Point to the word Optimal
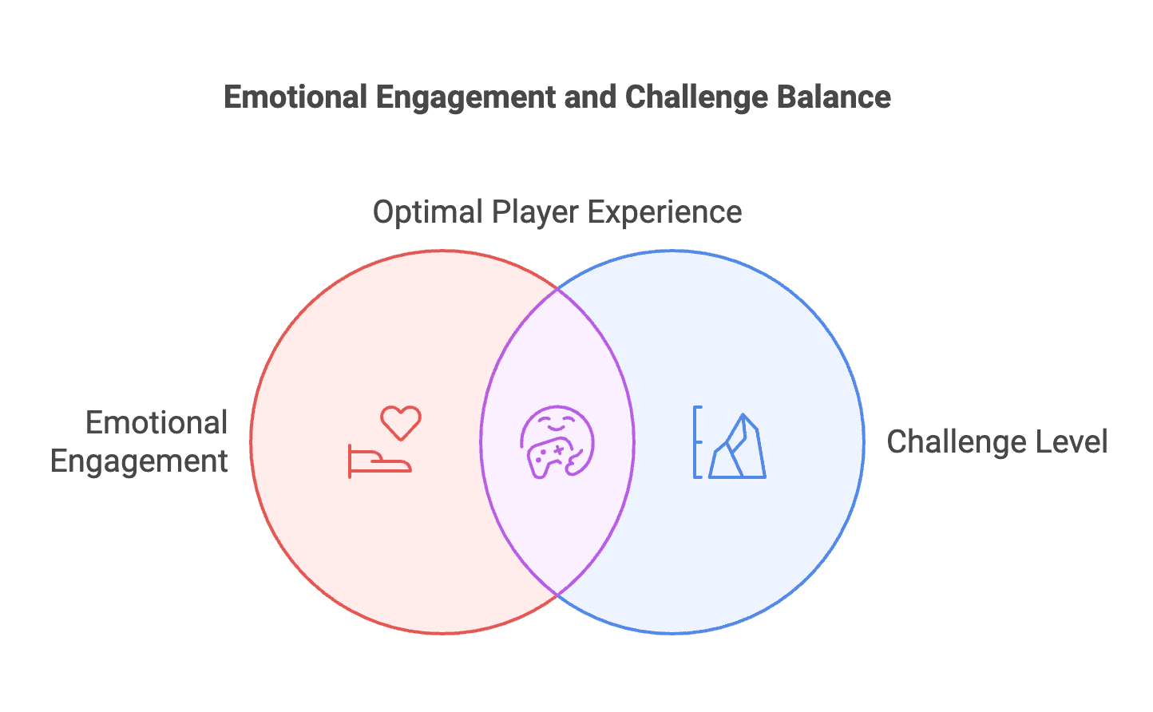pyautogui.click(x=428, y=212)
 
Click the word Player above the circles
pyautogui.click(x=535, y=212)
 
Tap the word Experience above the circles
pyautogui.click(x=665, y=212)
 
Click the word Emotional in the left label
pyautogui.click(x=157, y=423)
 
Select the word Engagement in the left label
pyautogui.click(x=139, y=461)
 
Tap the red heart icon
pyautogui.click(x=400, y=422)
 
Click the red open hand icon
pyautogui.click(x=379, y=462)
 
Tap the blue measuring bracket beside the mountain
pyautogui.click(x=698, y=441)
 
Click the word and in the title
pyautogui.click(x=590, y=97)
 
